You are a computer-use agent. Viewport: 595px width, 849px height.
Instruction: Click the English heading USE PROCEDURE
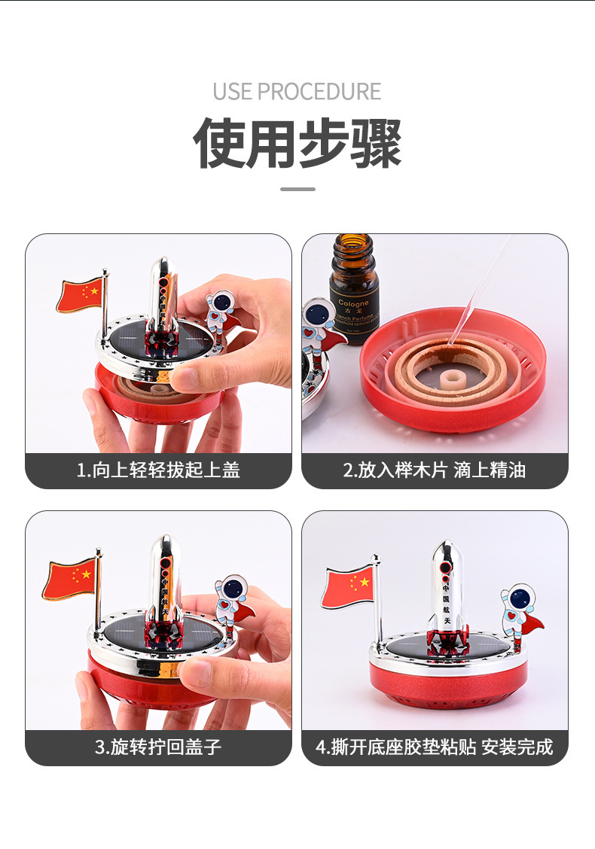coord(297,92)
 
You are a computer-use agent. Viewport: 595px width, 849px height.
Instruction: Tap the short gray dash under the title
coord(297,189)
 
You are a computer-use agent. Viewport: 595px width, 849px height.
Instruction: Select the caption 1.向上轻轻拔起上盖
coord(158,471)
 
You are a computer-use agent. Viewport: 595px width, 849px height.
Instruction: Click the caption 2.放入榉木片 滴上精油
coord(435,471)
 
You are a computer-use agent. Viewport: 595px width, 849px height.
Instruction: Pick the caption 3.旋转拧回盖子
coord(158,747)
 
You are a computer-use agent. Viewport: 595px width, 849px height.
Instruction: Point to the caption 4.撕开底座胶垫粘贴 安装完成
coord(435,747)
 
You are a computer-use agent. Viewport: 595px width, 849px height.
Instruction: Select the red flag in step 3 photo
coord(69,579)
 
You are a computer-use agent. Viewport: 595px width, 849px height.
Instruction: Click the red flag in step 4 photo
coord(348,587)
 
